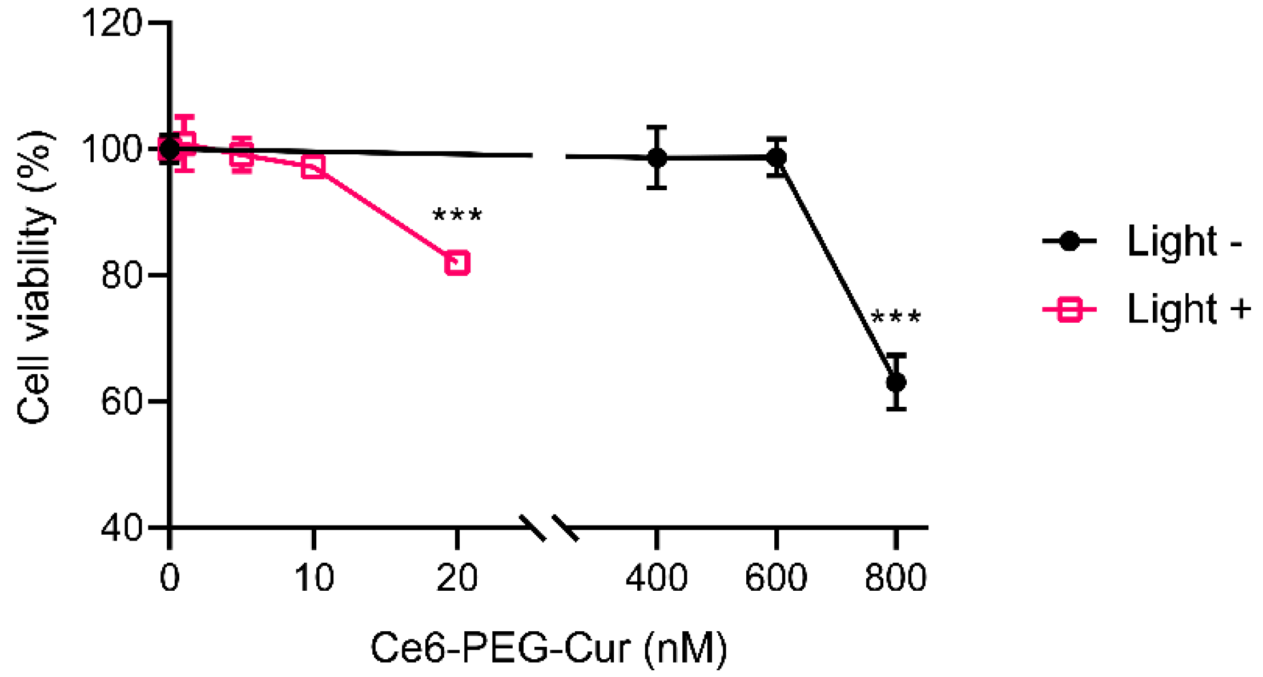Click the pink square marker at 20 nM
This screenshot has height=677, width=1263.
click(x=457, y=263)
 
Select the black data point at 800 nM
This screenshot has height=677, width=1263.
click(x=896, y=382)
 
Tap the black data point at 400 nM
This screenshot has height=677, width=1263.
click(x=657, y=157)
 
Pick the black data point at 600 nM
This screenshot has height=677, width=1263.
click(x=776, y=157)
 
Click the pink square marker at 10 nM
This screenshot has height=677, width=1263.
click(x=313, y=166)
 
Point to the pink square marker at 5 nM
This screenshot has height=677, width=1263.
click(x=242, y=154)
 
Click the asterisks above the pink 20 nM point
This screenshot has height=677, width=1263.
click(x=457, y=216)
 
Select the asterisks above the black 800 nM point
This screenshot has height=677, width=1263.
click(x=895, y=318)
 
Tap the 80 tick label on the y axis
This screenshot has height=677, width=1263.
click(x=121, y=275)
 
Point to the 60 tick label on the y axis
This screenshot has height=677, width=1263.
click(x=121, y=402)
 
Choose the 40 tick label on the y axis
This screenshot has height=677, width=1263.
click(x=121, y=528)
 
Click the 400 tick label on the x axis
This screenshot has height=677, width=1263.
click(x=657, y=578)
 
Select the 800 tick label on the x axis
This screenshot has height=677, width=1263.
click(x=895, y=578)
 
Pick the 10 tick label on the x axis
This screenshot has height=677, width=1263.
click(x=313, y=578)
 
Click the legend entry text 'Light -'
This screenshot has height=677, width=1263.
click(x=1185, y=242)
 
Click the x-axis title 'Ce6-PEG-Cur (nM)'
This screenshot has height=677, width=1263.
click(x=549, y=648)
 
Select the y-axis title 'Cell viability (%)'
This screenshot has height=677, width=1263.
click(x=34, y=277)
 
